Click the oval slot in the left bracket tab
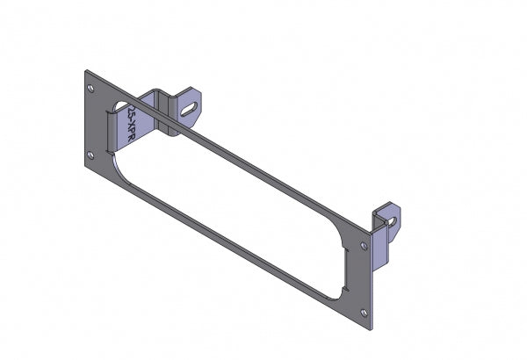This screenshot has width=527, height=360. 191,108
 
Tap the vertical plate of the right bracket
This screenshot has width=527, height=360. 380,246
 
